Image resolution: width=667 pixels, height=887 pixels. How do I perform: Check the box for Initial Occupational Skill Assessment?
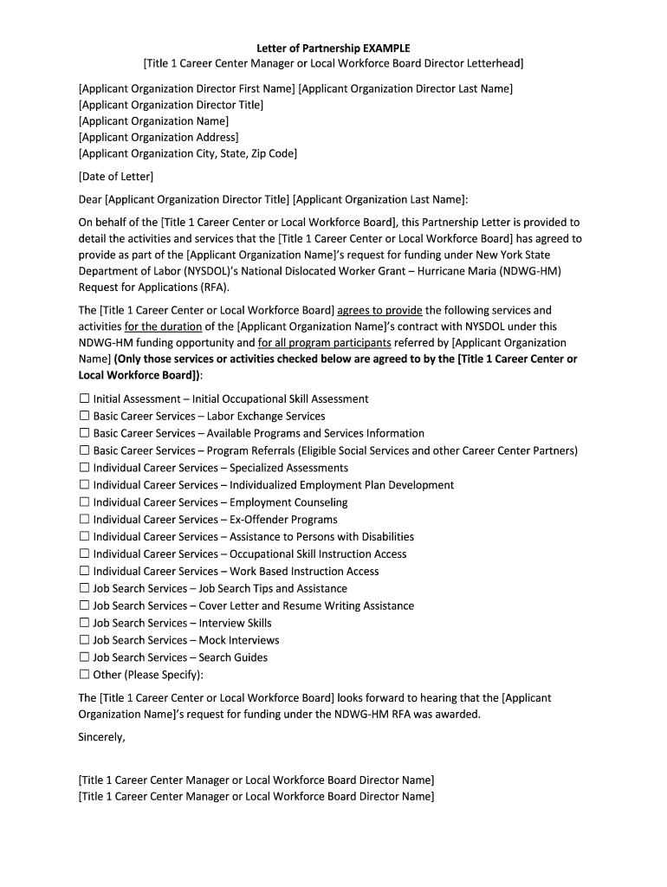[84, 399]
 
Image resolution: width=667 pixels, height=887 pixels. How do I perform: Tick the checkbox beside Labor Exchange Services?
[84, 417]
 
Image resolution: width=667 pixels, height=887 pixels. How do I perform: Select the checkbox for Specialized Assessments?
[84, 468]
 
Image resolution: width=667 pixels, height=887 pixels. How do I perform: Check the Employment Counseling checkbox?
[84, 502]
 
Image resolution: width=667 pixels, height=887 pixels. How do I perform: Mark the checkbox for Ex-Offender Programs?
[84, 520]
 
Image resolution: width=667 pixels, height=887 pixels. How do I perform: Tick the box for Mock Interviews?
[84, 640]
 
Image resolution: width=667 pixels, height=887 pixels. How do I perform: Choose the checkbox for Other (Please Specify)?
[84, 675]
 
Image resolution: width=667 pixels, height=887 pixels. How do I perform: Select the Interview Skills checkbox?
[84, 623]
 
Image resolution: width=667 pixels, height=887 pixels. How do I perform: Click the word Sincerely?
[101, 737]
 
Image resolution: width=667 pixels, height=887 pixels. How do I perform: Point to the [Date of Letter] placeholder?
[116, 177]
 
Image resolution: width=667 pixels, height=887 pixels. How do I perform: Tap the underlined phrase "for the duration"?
[164, 327]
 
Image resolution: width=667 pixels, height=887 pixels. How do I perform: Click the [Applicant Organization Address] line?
[159, 138]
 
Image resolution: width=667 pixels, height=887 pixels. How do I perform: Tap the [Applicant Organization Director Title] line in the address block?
[171, 105]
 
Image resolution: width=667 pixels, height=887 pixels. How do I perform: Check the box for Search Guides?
[84, 657]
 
